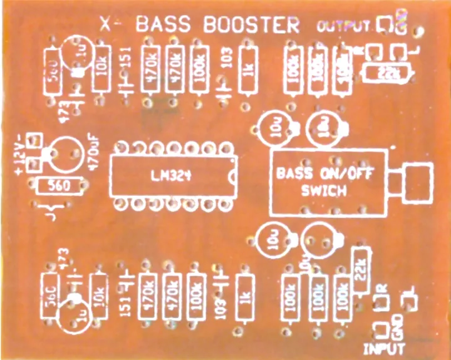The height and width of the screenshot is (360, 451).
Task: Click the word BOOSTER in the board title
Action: (x=253, y=25)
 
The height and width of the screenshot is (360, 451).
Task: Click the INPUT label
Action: (x=383, y=348)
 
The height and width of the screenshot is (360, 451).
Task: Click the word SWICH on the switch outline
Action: (x=323, y=191)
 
